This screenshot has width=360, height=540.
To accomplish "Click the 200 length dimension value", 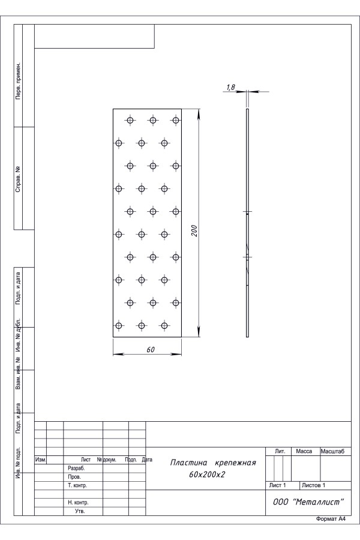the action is (194, 230).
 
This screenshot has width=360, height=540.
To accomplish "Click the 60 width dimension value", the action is (151, 350).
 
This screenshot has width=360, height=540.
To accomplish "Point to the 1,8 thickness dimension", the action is (230, 88).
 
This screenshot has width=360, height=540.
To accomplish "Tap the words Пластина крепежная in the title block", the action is (213, 463).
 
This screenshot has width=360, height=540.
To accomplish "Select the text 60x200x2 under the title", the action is (206, 475).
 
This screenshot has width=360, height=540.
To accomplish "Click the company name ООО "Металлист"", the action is (308, 502).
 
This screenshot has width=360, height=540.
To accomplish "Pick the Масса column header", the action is (304, 451).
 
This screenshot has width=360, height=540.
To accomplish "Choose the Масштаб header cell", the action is (333, 451).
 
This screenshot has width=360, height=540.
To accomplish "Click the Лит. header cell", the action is (280, 451).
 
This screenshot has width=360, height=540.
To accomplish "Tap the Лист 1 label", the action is (277, 485).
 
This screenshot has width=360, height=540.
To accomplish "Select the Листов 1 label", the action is (313, 485).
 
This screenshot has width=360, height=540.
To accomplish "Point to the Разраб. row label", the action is (76, 469).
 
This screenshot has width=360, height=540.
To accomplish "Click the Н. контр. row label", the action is (78, 502).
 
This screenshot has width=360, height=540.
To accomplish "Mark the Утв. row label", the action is (80, 511).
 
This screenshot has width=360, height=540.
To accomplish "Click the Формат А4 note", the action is (331, 519).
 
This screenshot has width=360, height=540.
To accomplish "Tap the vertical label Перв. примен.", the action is (18, 81).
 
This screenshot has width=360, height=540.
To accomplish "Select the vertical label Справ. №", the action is (18, 178).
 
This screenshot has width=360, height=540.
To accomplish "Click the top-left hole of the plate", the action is (130, 120).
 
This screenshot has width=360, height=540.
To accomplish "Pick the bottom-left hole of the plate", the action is (119, 325).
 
